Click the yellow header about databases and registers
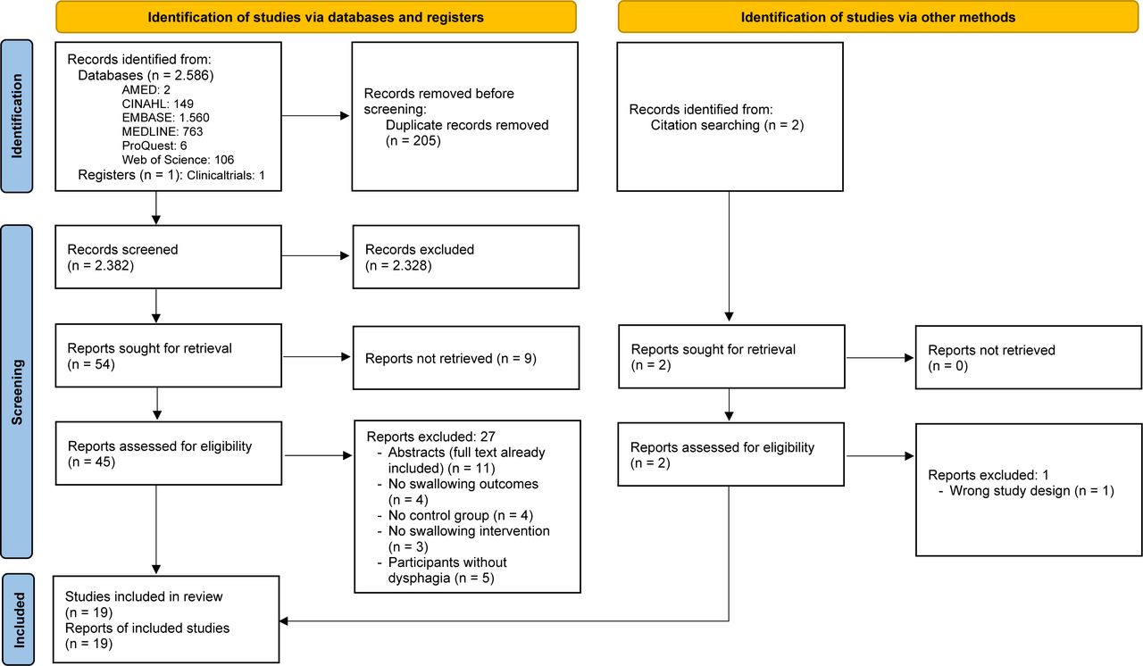(x=316, y=17)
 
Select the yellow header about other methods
(x=878, y=17)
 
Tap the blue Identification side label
(x=17, y=116)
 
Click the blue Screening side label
(x=17, y=392)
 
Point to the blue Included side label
(x=18, y=620)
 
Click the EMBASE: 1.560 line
(x=165, y=118)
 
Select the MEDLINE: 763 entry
(x=163, y=131)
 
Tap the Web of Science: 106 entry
(x=178, y=160)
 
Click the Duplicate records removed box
(x=465, y=117)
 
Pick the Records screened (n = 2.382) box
(x=169, y=257)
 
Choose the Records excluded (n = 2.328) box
(x=466, y=257)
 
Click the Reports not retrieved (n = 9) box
(x=466, y=358)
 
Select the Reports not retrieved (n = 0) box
(x=1028, y=357)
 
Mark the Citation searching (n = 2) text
(x=727, y=125)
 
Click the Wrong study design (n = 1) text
(x=1031, y=491)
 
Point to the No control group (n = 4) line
(x=460, y=515)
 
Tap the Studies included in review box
(x=166, y=620)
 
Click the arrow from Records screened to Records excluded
(x=316, y=255)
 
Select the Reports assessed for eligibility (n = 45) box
(x=169, y=454)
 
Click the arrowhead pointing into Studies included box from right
(x=284, y=621)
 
